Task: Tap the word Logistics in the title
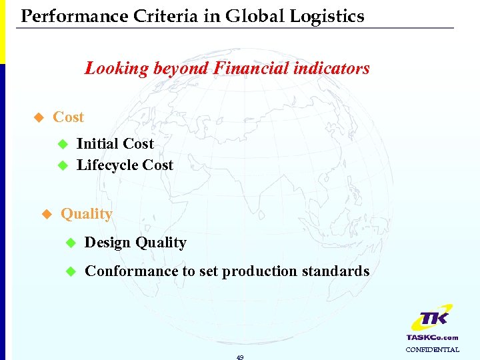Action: tap(328, 16)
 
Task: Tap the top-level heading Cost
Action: tap(68, 117)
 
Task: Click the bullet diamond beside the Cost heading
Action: tap(38, 118)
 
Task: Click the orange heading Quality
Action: tap(87, 214)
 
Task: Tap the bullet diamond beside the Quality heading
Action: tap(46, 215)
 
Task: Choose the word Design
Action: tap(108, 243)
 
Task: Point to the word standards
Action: tap(336, 271)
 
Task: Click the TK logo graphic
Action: tap(431, 319)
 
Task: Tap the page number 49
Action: tap(240, 357)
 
